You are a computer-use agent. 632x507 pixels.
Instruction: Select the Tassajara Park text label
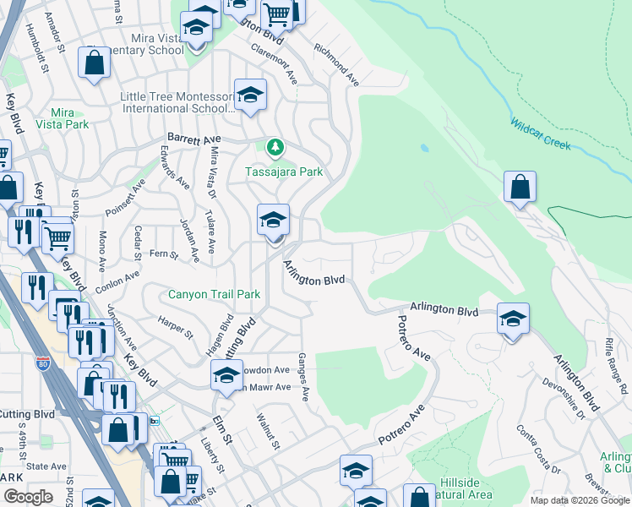point(284,172)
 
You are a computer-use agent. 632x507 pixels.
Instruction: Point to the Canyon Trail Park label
point(214,294)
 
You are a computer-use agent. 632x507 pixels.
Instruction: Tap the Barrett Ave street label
point(193,138)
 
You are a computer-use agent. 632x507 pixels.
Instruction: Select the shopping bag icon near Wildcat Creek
point(520,187)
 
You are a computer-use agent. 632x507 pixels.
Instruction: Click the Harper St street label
point(174,327)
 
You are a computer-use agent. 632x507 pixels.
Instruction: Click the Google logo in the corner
point(28,497)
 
